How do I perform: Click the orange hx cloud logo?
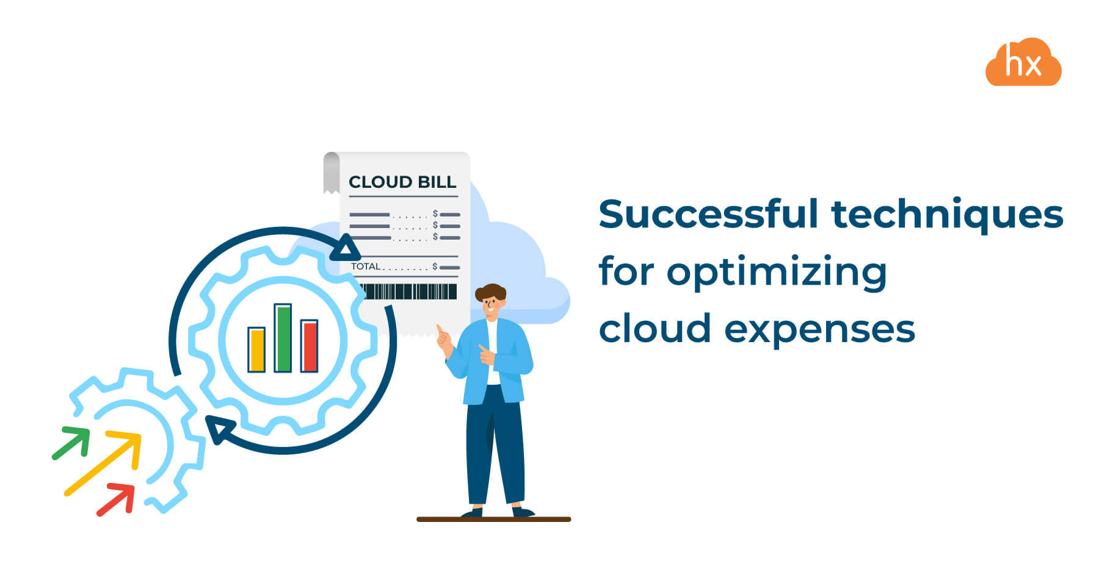click(x=1023, y=63)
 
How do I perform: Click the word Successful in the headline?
click(x=708, y=215)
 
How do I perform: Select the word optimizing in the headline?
click(x=777, y=272)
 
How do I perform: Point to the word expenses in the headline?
click(x=819, y=330)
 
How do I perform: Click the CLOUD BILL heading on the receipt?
click(x=402, y=182)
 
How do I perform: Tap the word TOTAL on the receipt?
click(x=365, y=266)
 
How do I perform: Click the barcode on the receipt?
click(x=407, y=291)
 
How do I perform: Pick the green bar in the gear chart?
click(x=283, y=338)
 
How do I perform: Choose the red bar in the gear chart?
click(x=309, y=346)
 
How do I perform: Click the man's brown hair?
click(x=490, y=291)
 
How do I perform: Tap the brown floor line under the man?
click(x=493, y=520)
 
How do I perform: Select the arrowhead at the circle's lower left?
click(x=219, y=428)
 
